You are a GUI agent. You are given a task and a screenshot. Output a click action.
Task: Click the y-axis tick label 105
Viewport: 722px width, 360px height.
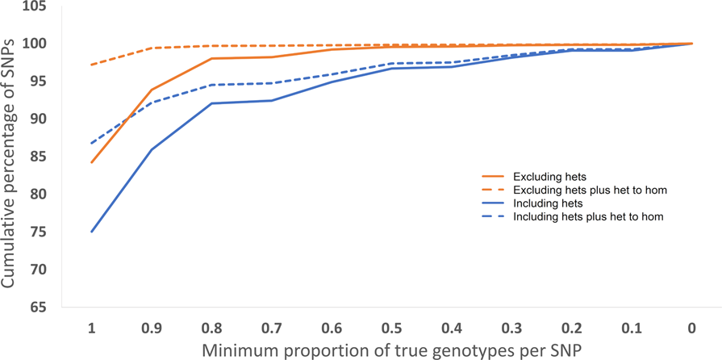click(36, 7)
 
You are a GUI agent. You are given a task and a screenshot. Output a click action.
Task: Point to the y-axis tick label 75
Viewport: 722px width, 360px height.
click(40, 232)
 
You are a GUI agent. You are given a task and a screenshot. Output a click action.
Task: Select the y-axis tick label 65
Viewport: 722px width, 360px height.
click(40, 308)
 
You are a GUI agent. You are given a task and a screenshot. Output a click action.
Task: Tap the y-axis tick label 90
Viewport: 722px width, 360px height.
click(40, 119)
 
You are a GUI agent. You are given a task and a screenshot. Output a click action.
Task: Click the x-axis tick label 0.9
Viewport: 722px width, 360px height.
click(151, 329)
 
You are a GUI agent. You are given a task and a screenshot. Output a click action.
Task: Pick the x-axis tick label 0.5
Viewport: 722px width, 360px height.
click(391, 329)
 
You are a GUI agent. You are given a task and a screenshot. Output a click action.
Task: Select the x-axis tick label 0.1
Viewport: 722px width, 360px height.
click(632, 329)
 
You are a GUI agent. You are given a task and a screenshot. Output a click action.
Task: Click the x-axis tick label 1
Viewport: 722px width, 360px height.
click(91, 329)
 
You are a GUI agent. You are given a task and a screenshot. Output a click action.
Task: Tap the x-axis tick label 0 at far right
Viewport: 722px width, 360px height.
click(691, 329)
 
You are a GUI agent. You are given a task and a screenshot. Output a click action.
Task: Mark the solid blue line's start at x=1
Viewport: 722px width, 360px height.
click(91, 232)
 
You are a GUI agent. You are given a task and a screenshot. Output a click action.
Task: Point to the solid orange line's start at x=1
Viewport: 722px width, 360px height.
click(91, 162)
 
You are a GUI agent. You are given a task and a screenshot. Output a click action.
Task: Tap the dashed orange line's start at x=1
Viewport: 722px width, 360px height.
click(91, 65)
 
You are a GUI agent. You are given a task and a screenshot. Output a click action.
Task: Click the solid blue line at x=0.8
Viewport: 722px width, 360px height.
click(211, 103)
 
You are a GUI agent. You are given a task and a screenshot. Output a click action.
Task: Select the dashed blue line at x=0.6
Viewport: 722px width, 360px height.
click(332, 74)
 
